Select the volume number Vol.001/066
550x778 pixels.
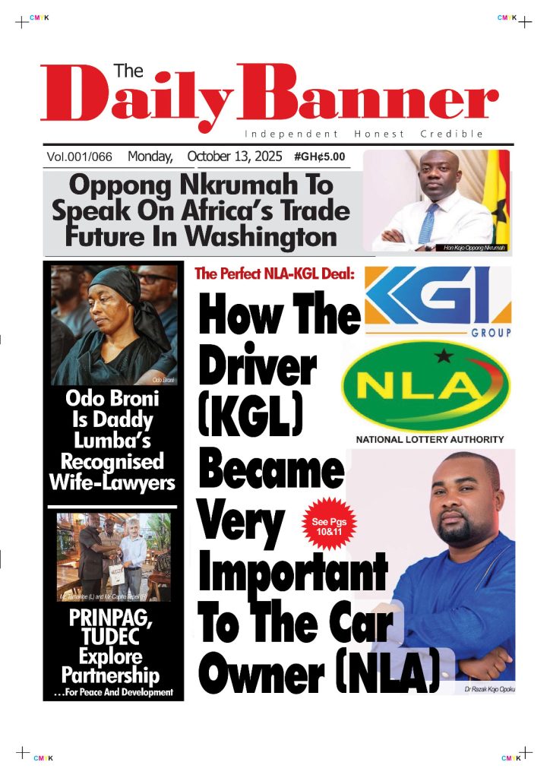pos(79,157)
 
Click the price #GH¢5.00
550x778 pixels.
pos(319,157)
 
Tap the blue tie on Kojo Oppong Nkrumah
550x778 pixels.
pos(428,221)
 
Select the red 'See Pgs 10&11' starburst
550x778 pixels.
pos(329,526)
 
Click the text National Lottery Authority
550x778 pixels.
pos(429,439)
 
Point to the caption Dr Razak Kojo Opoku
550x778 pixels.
pos(488,689)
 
